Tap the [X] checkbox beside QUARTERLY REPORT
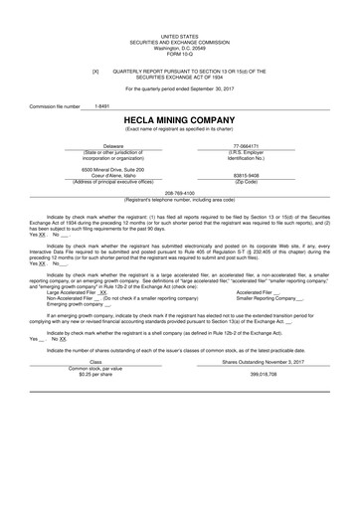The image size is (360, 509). (95, 72)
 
